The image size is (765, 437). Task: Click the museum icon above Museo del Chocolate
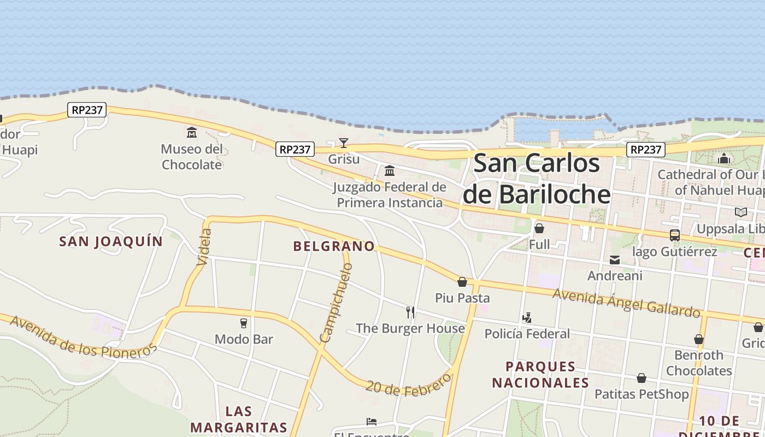(x=192, y=133)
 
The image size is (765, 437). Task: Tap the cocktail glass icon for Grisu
(x=343, y=143)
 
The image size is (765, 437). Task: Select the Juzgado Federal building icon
(x=390, y=171)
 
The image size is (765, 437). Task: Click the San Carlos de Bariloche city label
(x=537, y=179)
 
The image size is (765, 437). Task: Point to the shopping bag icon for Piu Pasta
(x=462, y=282)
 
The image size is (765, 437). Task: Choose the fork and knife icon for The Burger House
(x=410, y=312)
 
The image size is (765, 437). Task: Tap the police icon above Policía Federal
(x=527, y=317)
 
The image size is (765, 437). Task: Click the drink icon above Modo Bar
(x=244, y=323)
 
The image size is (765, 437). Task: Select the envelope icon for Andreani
(x=615, y=260)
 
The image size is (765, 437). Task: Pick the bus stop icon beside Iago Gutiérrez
(x=675, y=235)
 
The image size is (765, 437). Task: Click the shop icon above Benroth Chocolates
(x=698, y=339)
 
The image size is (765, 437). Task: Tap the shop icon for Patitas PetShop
(x=642, y=378)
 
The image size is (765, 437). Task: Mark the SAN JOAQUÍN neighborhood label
(x=111, y=241)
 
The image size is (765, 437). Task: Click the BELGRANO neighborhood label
(x=334, y=246)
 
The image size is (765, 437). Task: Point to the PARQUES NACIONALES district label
(x=540, y=374)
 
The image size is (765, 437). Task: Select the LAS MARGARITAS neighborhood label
(x=239, y=419)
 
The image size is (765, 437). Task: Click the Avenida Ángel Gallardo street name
(x=626, y=302)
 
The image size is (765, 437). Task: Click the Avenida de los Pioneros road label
(x=83, y=337)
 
